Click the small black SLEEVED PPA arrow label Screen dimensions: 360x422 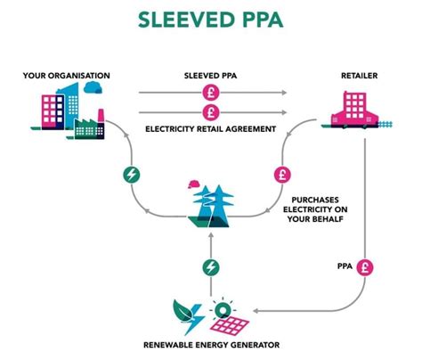pyautogui.click(x=210, y=77)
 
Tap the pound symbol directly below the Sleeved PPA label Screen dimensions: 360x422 pyautogui.click(x=211, y=93)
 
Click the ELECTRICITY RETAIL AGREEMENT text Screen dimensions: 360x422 pyautogui.click(x=211, y=129)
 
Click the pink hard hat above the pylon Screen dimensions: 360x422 pyautogui.click(x=193, y=184)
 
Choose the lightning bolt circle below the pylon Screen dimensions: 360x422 pyautogui.click(x=210, y=266)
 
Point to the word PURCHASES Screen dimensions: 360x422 pyautogui.click(x=318, y=200)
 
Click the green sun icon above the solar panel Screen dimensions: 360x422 pyautogui.click(x=218, y=308)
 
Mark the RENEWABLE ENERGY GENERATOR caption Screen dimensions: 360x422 pyautogui.click(x=210, y=344)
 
